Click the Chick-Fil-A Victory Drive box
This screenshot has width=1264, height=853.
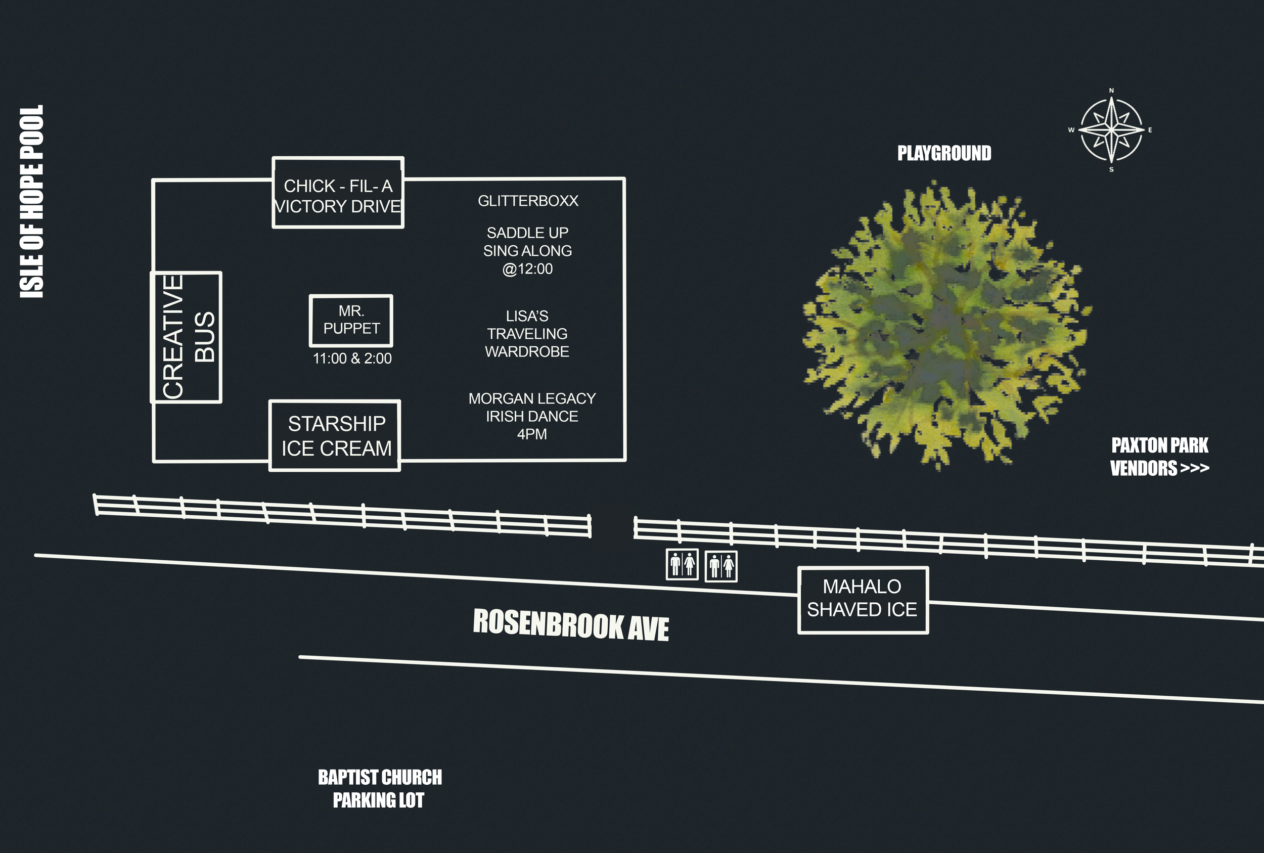338,193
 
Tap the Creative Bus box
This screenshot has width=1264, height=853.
187,337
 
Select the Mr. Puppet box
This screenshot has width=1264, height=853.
351,321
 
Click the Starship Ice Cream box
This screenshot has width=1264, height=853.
335,436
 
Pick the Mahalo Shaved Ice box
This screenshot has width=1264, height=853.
863,600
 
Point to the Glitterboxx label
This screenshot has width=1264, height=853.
527,201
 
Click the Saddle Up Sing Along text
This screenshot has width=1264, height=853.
527,251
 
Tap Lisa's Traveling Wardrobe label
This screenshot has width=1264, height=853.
527,334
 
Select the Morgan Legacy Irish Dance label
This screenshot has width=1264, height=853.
532,416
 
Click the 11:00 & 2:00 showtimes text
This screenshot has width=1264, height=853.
352,358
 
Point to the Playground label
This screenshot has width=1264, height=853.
944,153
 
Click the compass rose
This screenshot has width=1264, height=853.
1111,130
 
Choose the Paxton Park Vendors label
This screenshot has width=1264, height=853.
1159,457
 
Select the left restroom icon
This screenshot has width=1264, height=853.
682,565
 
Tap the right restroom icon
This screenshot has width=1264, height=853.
721,567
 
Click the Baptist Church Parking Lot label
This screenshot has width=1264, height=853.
380,788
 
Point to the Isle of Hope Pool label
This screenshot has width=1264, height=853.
31,201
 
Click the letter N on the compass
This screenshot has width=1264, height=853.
1111,91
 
